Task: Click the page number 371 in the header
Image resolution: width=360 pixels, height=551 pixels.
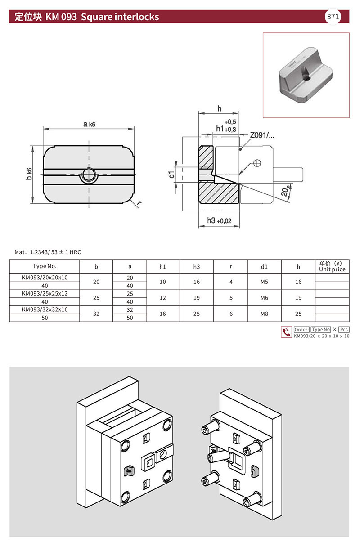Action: tap(333, 17)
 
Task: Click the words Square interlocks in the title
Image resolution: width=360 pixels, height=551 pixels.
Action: tap(120, 17)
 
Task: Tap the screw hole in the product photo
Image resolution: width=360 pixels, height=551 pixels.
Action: tap(307, 78)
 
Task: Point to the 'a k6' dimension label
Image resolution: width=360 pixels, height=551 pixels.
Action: tap(89, 124)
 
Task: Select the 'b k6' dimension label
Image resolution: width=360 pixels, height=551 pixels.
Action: tap(29, 174)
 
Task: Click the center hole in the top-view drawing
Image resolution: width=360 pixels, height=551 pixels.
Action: tap(89, 175)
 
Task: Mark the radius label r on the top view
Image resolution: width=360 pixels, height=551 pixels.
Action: tap(139, 202)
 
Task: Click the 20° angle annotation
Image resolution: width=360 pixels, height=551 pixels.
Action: tap(285, 191)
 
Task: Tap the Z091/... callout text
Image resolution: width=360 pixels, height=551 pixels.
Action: tap(262, 135)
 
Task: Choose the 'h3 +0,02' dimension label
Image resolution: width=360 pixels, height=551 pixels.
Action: tap(219, 220)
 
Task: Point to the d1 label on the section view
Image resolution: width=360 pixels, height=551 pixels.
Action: tap(171, 175)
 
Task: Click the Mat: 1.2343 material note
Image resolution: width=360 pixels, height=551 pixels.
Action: tap(48, 252)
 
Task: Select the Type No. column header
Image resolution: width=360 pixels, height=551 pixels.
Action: tap(45, 266)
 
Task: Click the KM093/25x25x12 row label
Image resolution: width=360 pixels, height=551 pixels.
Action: tap(45, 293)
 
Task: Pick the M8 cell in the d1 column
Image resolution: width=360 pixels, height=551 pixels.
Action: tap(264, 314)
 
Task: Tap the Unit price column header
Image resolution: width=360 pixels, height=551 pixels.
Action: tap(332, 266)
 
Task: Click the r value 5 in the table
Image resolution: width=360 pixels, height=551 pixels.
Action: tap(231, 298)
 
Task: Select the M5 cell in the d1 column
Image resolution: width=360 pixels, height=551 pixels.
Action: tap(264, 282)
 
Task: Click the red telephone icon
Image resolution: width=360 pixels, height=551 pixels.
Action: tap(286, 332)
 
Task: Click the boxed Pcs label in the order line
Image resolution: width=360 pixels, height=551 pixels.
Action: tap(344, 329)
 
